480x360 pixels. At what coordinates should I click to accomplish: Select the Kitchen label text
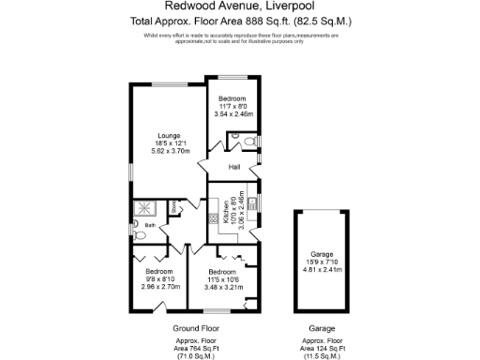[228, 214]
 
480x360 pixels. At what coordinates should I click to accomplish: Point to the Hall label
[235, 168]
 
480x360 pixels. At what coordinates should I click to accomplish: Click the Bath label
[150, 225]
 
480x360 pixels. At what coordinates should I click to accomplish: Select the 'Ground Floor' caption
[196, 329]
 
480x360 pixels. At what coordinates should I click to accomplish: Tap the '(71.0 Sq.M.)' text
[196, 356]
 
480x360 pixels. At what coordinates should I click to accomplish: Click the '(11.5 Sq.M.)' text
[322, 356]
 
